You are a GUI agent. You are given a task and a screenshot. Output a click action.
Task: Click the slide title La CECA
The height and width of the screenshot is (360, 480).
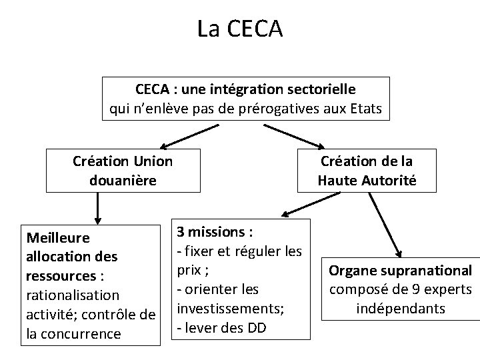240,28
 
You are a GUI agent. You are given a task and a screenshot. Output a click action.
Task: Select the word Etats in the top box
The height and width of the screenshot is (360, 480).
365,109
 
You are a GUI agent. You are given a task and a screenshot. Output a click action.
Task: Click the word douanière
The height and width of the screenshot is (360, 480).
123,180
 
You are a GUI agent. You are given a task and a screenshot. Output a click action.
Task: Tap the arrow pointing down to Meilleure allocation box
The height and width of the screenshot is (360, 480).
98,207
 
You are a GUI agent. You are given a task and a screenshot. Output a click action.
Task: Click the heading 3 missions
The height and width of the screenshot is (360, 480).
213,233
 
